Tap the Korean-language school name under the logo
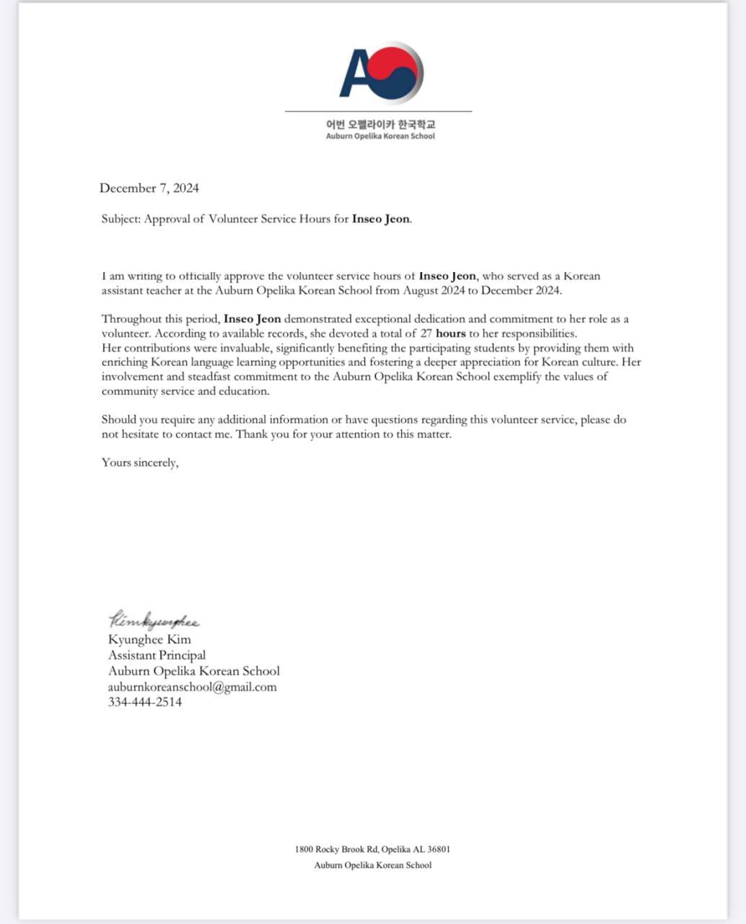coord(380,123)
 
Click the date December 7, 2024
coord(149,188)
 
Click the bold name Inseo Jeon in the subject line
coord(381,219)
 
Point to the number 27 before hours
coord(426,334)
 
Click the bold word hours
coord(451,334)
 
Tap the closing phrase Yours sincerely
coord(140,463)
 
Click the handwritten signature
coord(154,621)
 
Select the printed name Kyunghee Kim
coord(149,640)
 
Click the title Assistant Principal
coord(157,655)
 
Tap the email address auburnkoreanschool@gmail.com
coord(192,687)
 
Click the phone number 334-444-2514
coord(145,702)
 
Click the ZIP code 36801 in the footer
coord(437,850)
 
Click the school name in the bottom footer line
coord(372,866)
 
